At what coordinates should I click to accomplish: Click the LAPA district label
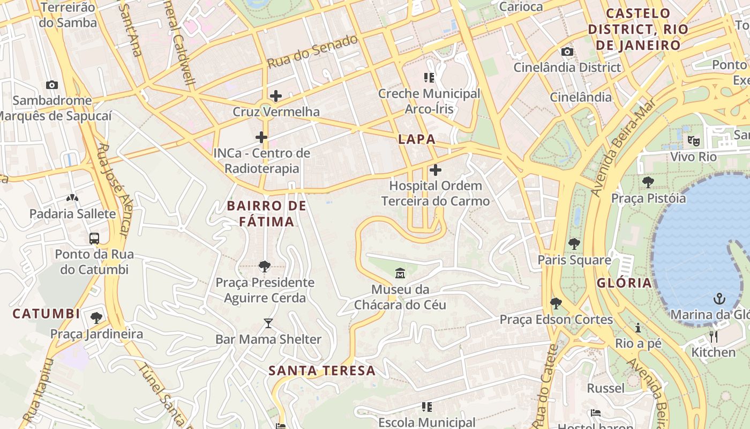(417, 139)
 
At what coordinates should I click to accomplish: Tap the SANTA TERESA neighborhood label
(322, 371)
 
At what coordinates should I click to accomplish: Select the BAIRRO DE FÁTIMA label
(266, 213)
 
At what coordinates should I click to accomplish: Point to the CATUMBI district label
(46, 314)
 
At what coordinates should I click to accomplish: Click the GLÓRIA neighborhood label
(625, 283)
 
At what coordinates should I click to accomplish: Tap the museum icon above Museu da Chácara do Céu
(400, 274)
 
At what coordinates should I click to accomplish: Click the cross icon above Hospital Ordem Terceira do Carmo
(436, 171)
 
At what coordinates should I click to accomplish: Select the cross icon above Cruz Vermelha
(276, 97)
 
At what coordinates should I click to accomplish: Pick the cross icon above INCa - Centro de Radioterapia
(261, 138)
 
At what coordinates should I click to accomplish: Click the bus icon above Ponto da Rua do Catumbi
(94, 239)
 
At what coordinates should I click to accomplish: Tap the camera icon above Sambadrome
(52, 85)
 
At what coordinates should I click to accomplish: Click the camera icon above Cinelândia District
(567, 52)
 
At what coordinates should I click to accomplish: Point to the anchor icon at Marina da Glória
(718, 299)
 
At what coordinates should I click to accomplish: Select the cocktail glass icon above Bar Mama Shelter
(268, 323)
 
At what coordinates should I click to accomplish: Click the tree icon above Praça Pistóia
(648, 182)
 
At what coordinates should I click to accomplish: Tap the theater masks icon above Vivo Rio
(694, 141)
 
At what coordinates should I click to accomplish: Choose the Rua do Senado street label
(312, 51)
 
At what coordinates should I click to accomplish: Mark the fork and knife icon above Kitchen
(713, 337)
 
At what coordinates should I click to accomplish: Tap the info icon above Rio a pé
(638, 328)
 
